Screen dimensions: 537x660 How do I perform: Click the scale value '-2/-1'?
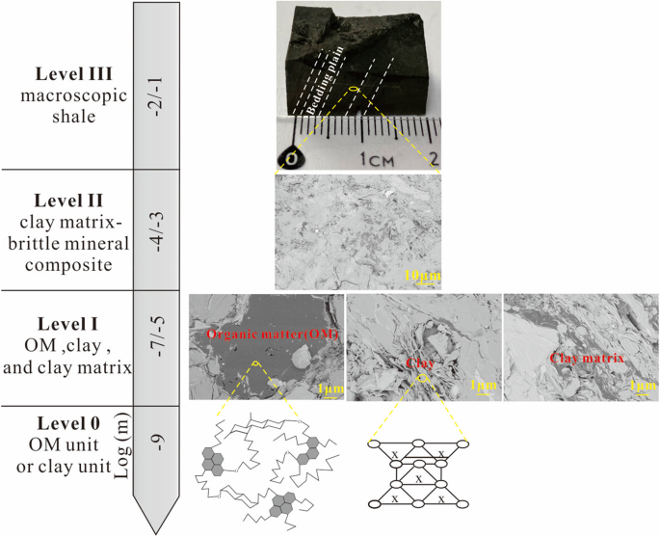tap(156, 85)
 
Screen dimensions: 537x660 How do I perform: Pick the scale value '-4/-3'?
tap(156, 229)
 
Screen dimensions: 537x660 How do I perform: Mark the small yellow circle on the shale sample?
tap(354, 91)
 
